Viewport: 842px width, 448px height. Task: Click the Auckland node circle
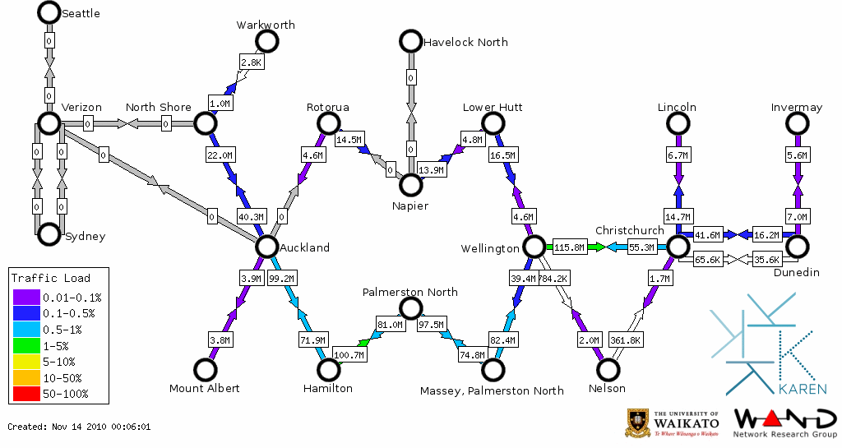tap(266, 246)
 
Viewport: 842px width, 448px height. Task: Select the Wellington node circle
tap(534, 246)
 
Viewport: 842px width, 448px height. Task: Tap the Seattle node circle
tap(49, 12)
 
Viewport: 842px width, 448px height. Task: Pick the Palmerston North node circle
tap(410, 308)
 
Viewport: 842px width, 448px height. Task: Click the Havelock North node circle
tap(410, 41)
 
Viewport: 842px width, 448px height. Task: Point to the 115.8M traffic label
tap(568, 247)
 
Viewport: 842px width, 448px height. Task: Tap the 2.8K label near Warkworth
tap(251, 62)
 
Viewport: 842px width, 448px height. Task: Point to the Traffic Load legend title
tap(50, 278)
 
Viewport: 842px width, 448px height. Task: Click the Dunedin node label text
tap(797, 272)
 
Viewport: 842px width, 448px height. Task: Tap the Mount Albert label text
tap(204, 388)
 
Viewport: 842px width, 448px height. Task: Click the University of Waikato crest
tap(640, 423)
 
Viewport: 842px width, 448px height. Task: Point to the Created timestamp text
tap(79, 427)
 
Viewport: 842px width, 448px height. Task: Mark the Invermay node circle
tap(797, 123)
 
